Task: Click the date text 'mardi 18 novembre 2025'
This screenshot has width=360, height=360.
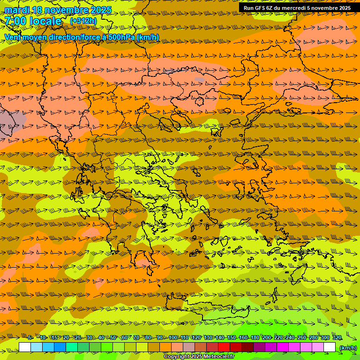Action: (58, 10)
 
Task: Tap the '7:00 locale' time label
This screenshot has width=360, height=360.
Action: (33, 21)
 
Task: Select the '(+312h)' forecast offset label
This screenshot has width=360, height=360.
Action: (83, 21)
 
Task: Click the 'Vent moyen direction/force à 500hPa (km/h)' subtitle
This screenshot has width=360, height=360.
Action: (82, 37)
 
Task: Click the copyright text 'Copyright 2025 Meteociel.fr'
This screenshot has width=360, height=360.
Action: (199, 357)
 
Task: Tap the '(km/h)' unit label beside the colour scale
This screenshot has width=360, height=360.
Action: (348, 347)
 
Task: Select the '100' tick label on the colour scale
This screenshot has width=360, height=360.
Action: (173, 337)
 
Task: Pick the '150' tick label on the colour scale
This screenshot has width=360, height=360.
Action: (232, 337)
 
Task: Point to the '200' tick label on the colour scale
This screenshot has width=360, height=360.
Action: (267, 337)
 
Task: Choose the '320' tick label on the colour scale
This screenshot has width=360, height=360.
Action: (337, 337)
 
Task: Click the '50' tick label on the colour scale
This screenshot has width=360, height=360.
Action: (113, 337)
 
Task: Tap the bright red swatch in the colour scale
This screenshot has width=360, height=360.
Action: (224, 347)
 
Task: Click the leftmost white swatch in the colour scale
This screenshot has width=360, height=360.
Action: (25, 347)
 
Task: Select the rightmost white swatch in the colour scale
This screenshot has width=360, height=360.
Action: (330, 347)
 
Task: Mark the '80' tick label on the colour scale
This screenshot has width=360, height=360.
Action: (148, 337)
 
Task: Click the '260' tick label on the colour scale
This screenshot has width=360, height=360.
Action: (302, 337)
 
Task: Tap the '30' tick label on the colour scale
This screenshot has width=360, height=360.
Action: (90, 337)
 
